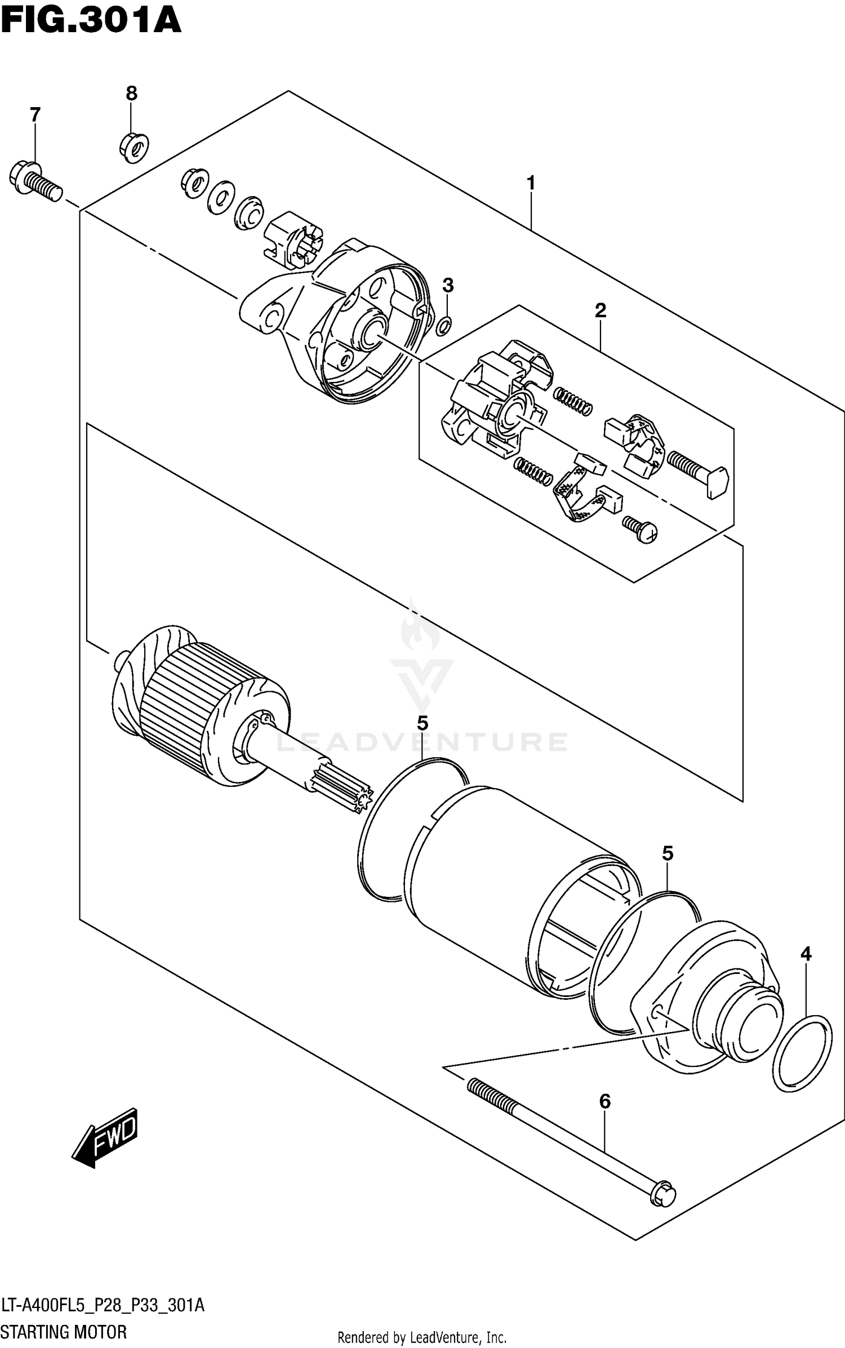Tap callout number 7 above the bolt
35,115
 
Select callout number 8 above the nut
131,93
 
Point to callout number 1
530,183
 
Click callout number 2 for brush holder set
600,310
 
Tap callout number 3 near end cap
447,286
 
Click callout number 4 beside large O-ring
806,954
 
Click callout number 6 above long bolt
604,1101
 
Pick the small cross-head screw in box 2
642,530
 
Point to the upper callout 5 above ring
422,723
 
